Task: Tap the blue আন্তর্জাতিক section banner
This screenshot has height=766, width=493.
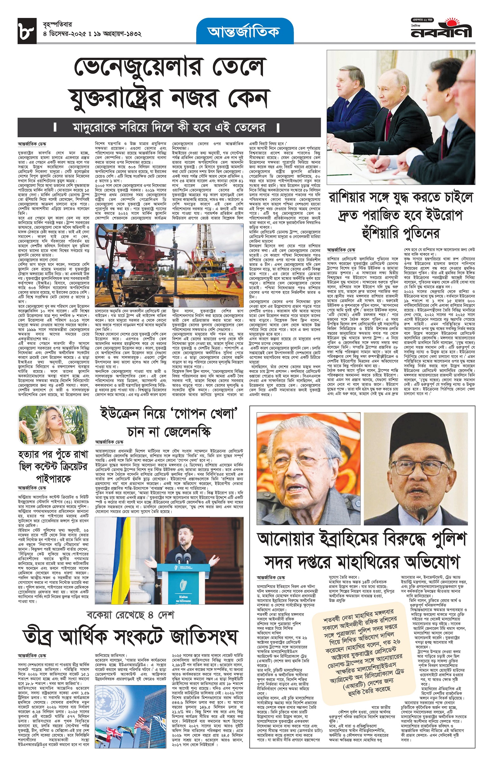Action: click(245, 31)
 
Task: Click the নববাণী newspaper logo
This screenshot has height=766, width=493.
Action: click(441, 31)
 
